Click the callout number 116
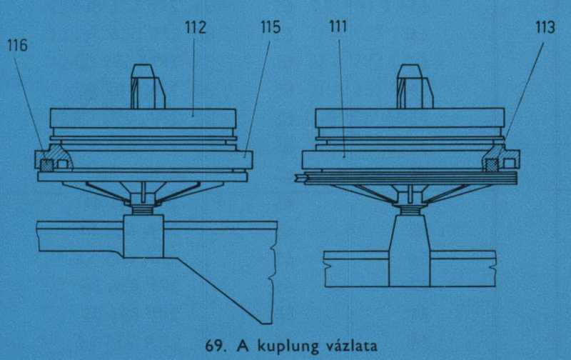tap(17, 46)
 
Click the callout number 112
tap(196, 27)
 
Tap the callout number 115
tap(271, 27)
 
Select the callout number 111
tap(338, 26)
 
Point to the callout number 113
tap(545, 27)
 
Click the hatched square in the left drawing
tap(46, 165)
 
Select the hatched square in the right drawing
tap(492, 165)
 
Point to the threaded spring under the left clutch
tap(143, 210)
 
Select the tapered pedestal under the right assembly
tap(409, 251)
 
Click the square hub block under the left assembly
tap(143, 236)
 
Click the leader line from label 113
tap(524, 91)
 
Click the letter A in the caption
tap(244, 346)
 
